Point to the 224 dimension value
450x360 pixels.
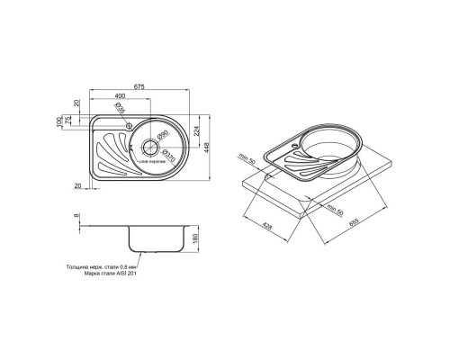pos(193,131)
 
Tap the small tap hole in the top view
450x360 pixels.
pos(130,124)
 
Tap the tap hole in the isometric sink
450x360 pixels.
pos(294,142)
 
